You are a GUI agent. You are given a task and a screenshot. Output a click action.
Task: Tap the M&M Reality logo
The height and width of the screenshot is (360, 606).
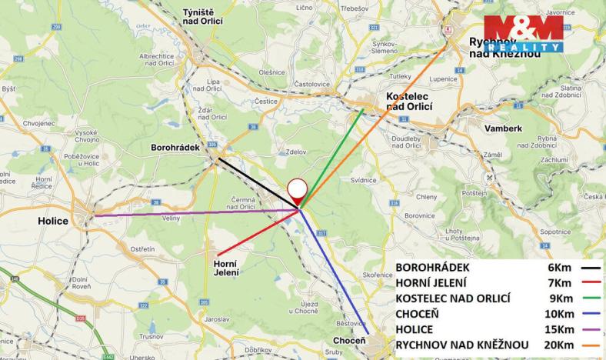[523, 34]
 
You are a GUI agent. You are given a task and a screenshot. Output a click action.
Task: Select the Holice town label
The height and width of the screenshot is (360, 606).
[53, 221]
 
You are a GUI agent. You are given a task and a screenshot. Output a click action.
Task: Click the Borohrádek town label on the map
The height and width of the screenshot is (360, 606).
[175, 147]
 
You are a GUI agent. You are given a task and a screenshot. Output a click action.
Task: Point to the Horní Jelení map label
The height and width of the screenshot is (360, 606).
[225, 268]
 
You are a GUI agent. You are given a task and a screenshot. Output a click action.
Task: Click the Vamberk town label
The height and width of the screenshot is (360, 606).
[504, 128]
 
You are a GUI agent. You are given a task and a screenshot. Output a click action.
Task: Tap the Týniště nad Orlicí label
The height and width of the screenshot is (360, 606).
[202, 17]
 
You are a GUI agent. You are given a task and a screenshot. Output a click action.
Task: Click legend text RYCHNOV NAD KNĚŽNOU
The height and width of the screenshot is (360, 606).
[461, 344]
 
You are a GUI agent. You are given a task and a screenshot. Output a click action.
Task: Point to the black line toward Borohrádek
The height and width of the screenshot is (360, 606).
[254, 182]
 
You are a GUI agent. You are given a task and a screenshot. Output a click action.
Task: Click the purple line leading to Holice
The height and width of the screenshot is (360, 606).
[192, 212]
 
